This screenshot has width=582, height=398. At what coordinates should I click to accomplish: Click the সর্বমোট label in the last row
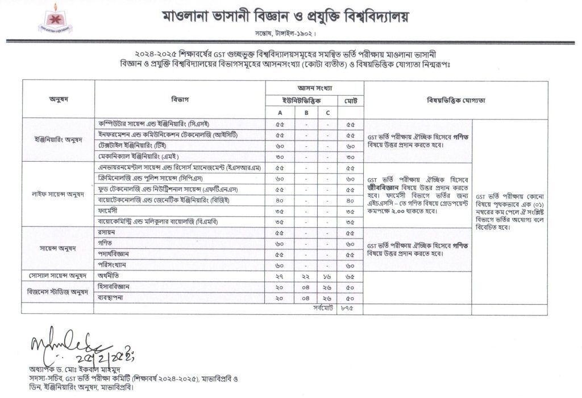tap(321, 308)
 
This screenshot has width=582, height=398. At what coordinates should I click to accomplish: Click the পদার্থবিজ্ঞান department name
tap(114, 254)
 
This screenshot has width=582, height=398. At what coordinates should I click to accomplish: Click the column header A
tap(280, 113)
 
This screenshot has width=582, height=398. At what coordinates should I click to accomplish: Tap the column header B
tap(306, 113)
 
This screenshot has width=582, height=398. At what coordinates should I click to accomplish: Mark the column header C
tap(328, 113)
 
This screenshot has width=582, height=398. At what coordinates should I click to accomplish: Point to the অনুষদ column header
tap(59, 100)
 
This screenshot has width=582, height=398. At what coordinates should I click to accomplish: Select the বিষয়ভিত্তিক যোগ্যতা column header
tap(456, 100)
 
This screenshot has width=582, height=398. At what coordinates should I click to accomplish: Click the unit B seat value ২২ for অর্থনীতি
tap(306, 276)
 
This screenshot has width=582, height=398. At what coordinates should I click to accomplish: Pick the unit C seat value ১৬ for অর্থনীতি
tap(328, 276)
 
